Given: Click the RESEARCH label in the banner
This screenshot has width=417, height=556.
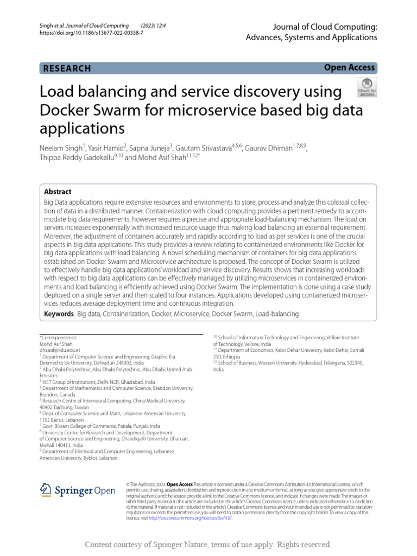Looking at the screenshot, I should pos(67,68).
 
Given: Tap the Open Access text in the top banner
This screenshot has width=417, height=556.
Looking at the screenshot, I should pos(349,67).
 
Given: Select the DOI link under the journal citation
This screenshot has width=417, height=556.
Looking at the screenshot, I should pos(89,33).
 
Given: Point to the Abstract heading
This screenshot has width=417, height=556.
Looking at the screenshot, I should pos(58,192).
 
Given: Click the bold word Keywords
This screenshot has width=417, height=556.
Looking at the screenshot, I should pos(58,314).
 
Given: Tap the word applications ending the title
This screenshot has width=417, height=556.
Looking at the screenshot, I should pos(82,129).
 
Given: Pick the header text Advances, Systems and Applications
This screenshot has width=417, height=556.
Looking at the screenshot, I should pos(311,37).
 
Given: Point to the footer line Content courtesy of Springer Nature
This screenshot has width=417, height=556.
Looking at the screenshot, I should pos(208,544).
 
